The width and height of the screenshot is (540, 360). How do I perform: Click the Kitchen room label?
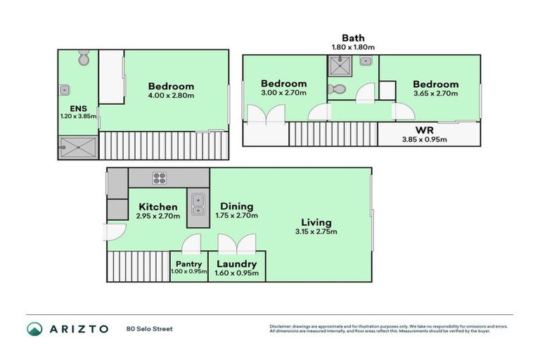[x=158, y=206]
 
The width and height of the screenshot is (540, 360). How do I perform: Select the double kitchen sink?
[x=198, y=202]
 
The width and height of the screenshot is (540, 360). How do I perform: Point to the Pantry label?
[x=189, y=264]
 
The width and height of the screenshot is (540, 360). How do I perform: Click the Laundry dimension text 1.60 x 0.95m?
[x=236, y=273]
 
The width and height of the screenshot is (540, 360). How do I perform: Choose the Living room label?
[x=314, y=222]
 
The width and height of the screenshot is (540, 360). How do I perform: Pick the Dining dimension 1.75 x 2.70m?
[x=236, y=216]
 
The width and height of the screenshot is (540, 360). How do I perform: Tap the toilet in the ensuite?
[x=84, y=58]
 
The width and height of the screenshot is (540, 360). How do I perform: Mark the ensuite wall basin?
[x=64, y=89]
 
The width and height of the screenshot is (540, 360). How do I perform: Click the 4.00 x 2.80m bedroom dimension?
[x=172, y=95]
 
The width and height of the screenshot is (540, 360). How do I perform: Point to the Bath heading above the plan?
[x=353, y=38]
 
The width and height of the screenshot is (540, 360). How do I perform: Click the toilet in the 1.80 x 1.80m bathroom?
[x=337, y=89]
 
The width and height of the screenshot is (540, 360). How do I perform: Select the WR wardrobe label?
[x=424, y=131]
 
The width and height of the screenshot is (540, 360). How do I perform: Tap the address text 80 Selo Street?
[x=149, y=328]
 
